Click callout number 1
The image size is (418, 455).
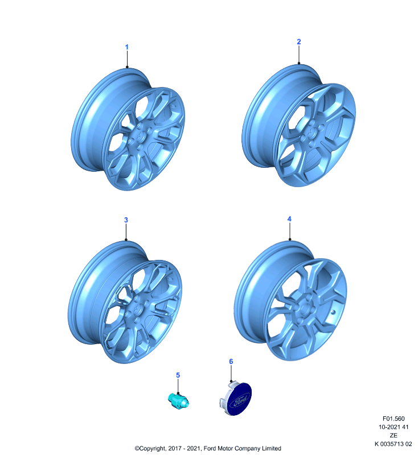pyautogui.click(x=126, y=47)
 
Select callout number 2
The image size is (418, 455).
pyautogui.click(x=299, y=42)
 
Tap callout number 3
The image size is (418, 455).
pyautogui.click(x=126, y=220)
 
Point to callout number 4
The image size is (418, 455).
pyautogui.click(x=289, y=219)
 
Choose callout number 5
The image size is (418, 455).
pyautogui.click(x=178, y=375)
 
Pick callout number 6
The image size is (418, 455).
pyautogui.click(x=231, y=361)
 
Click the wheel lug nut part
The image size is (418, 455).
pyautogui.click(x=178, y=401)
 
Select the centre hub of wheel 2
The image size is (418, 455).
pyautogui.click(x=313, y=133)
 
